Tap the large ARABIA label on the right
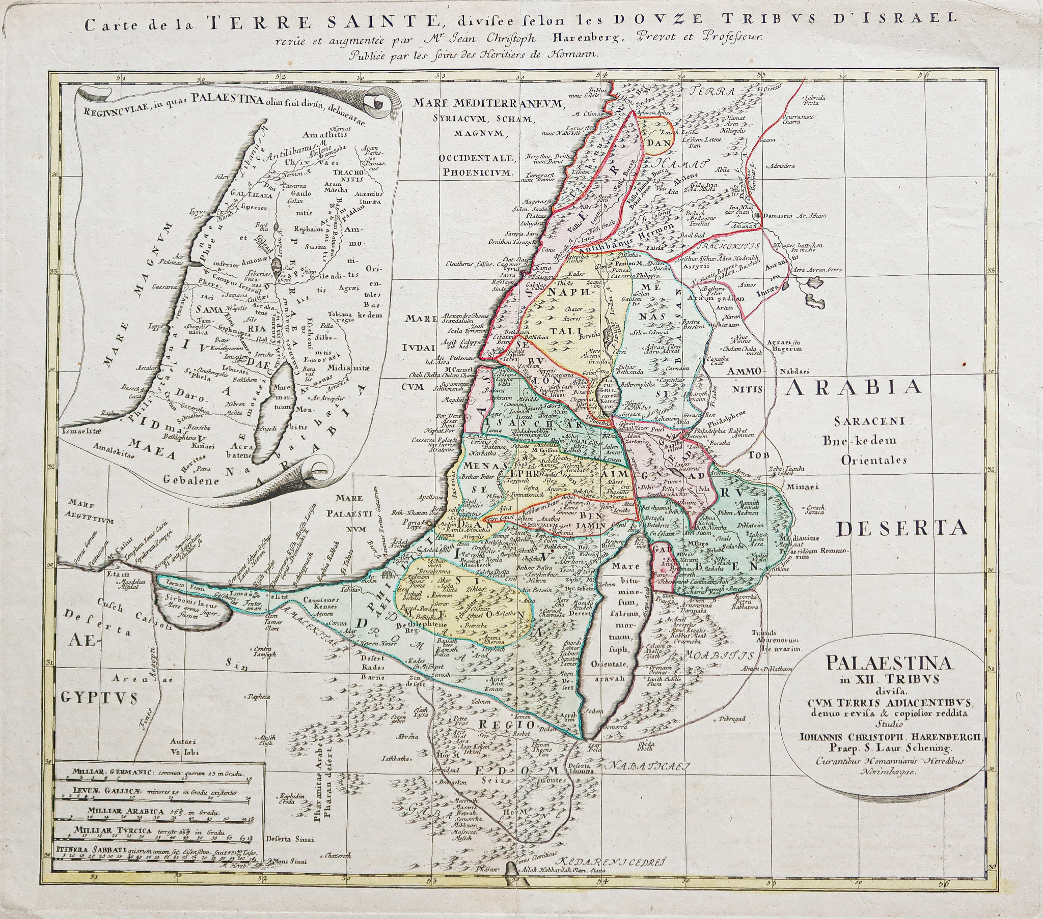click(853, 388)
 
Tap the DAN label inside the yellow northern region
click(658, 144)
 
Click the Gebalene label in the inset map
click(191, 480)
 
